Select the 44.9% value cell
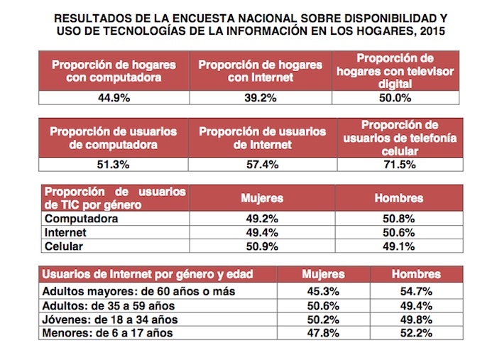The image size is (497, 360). (x=113, y=99)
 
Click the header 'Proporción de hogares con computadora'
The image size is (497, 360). (x=113, y=71)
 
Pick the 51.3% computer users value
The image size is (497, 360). (x=113, y=163)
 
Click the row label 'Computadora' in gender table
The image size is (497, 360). (x=81, y=219)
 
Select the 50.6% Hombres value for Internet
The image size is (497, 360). (x=398, y=233)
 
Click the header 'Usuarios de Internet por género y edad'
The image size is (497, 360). (x=148, y=274)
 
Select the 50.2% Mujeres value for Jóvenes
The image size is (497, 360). (x=323, y=319)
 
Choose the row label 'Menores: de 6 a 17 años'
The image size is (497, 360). (x=109, y=332)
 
